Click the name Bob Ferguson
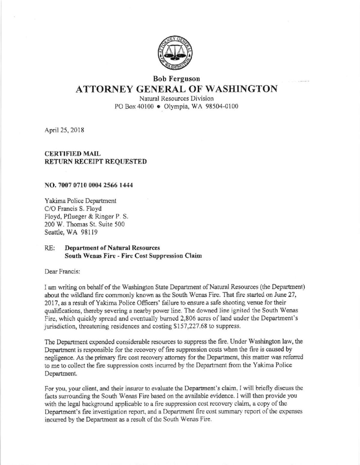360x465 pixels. pos(176,79)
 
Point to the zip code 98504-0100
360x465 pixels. pos(222,106)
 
